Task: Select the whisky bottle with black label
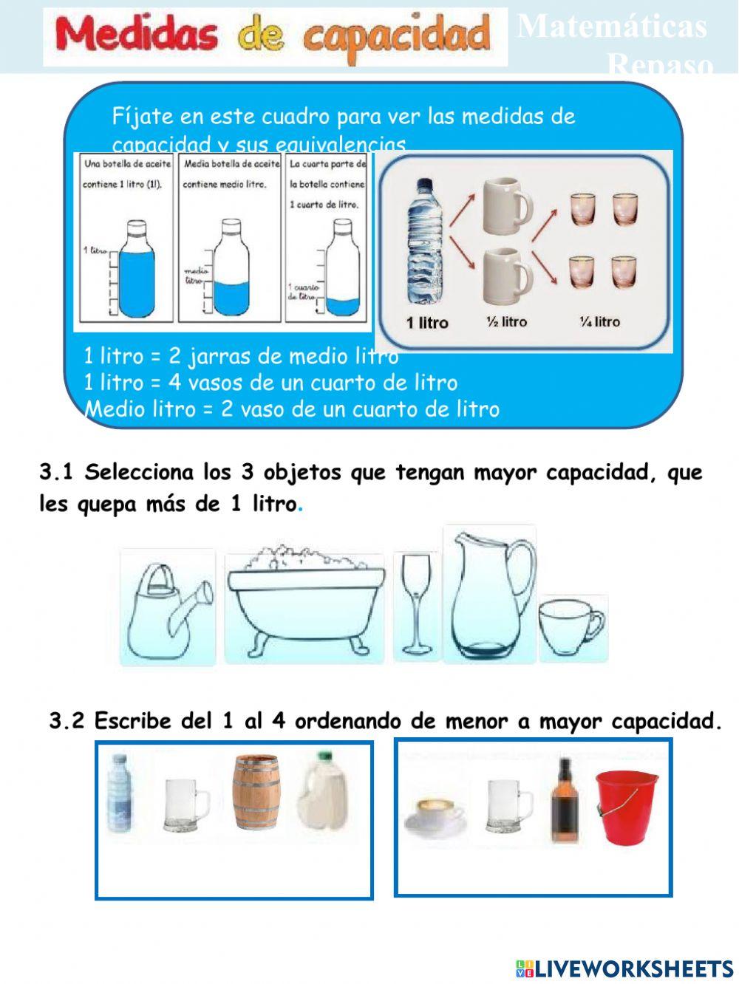point(565,801)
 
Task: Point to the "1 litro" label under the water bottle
point(427,324)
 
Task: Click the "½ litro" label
point(506,322)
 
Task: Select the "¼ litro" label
point(599,322)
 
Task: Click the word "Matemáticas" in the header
point(613,27)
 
